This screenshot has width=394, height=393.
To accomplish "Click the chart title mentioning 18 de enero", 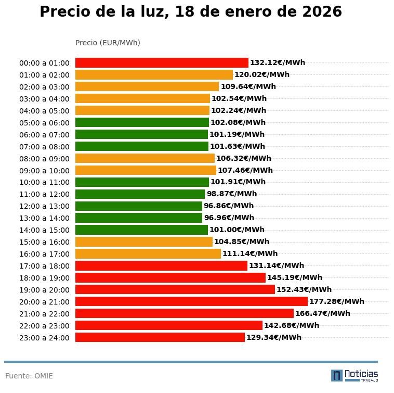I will coord(191,12).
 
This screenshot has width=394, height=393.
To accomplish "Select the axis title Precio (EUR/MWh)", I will coord(108,43).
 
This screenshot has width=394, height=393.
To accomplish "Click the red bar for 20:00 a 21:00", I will coord(191,301).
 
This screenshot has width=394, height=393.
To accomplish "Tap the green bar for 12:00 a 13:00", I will coord(139,206).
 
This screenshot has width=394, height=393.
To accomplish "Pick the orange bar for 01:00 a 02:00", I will coord(154,75).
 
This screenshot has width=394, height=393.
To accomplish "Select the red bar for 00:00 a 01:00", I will coord(162,63).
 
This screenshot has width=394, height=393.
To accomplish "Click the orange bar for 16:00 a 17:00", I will coord(148,254).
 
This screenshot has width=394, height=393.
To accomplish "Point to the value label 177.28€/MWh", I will coord(336,301).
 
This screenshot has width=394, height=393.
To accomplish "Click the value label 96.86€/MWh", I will coord(229,206).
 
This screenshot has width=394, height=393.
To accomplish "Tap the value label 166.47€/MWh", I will coord(322,313).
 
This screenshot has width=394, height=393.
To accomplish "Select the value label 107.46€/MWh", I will coord(245,170).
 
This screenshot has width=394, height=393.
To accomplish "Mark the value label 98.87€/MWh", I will coord(232,194).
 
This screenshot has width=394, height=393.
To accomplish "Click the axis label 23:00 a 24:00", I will coord(44,338).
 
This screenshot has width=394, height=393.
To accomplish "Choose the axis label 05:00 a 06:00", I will coord(44,123).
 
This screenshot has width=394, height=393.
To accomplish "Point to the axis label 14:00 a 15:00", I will coord(44,230).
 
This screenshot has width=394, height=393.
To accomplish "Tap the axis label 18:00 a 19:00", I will coord(44,278).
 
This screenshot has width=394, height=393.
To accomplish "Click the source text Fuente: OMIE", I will coord(29,376).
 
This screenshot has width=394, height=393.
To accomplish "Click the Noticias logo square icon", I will coord(337,375).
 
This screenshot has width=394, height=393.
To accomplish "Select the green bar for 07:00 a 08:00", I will coord(142,147).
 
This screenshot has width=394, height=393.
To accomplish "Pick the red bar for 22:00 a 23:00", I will coord(169,325).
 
